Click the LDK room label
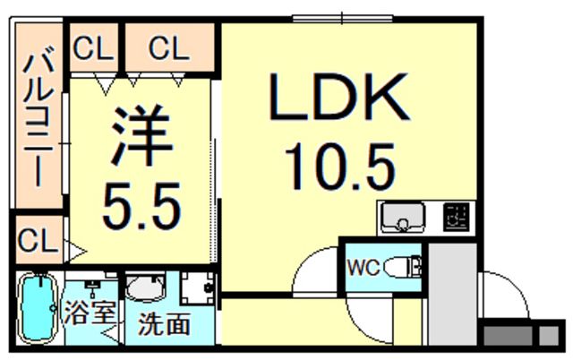(338, 97)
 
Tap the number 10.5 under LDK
(340, 167)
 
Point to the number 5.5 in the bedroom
(141, 206)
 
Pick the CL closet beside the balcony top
(93, 47)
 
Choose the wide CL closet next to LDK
(169, 47)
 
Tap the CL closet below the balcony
(38, 240)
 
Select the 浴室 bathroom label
(90, 313)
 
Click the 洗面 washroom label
(164, 324)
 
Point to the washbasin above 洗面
(145, 287)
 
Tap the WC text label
(363, 269)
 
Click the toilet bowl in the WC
(398, 268)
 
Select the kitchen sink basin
(403, 218)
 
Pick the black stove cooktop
(456, 218)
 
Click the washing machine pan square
(198, 288)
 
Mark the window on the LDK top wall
(342, 18)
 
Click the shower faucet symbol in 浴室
(92, 287)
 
